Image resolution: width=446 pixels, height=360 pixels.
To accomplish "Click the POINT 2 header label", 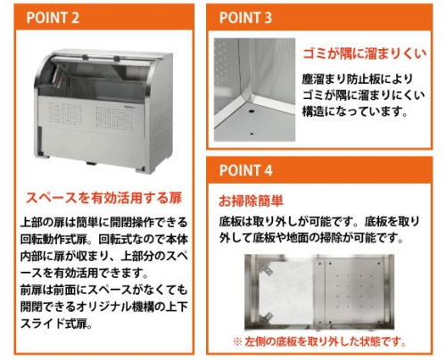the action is coord(53,18).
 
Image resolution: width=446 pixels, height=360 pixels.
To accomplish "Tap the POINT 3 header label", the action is coord(245,18).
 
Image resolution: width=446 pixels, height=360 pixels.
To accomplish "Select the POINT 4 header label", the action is coord(245,170).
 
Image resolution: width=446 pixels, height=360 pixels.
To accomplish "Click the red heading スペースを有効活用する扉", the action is coord(103,198).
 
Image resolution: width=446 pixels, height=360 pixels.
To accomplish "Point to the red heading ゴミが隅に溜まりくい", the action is coord(364,53).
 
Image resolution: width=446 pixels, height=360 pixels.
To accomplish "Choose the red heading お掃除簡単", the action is coord(251,200).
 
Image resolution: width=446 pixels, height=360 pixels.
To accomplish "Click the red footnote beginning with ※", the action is coord(319,342).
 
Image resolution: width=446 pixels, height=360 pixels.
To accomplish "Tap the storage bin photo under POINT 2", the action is coord(103,111).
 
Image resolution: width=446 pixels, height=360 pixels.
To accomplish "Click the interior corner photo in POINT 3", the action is coord(254,89).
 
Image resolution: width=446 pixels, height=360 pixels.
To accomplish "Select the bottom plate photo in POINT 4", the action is coord(319,292).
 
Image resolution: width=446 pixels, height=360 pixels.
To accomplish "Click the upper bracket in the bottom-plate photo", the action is coord(266,268).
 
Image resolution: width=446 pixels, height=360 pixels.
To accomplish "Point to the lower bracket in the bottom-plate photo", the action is coord(266,318).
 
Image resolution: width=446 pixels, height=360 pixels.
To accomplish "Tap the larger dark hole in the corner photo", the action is coord(252,111).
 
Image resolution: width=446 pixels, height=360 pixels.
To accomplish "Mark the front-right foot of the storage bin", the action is coord(141,169).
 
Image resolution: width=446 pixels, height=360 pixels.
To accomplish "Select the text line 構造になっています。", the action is coord(355,112).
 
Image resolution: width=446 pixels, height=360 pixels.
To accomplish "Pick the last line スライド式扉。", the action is coord(56,323).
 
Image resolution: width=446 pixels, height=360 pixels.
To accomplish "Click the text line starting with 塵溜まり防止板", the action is coord(358,79).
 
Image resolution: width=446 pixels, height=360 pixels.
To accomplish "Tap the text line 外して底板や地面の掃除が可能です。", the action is coord(311,238).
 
